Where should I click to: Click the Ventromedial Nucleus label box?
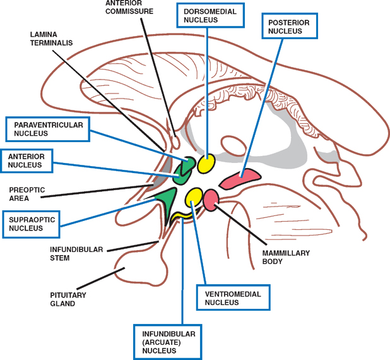[x=228, y=298]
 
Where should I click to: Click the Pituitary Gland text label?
[x=68, y=299]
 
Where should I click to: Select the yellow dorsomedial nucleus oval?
[x=206, y=164]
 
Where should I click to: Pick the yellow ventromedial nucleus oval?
[x=194, y=196]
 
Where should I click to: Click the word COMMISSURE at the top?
[x=129, y=11]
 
